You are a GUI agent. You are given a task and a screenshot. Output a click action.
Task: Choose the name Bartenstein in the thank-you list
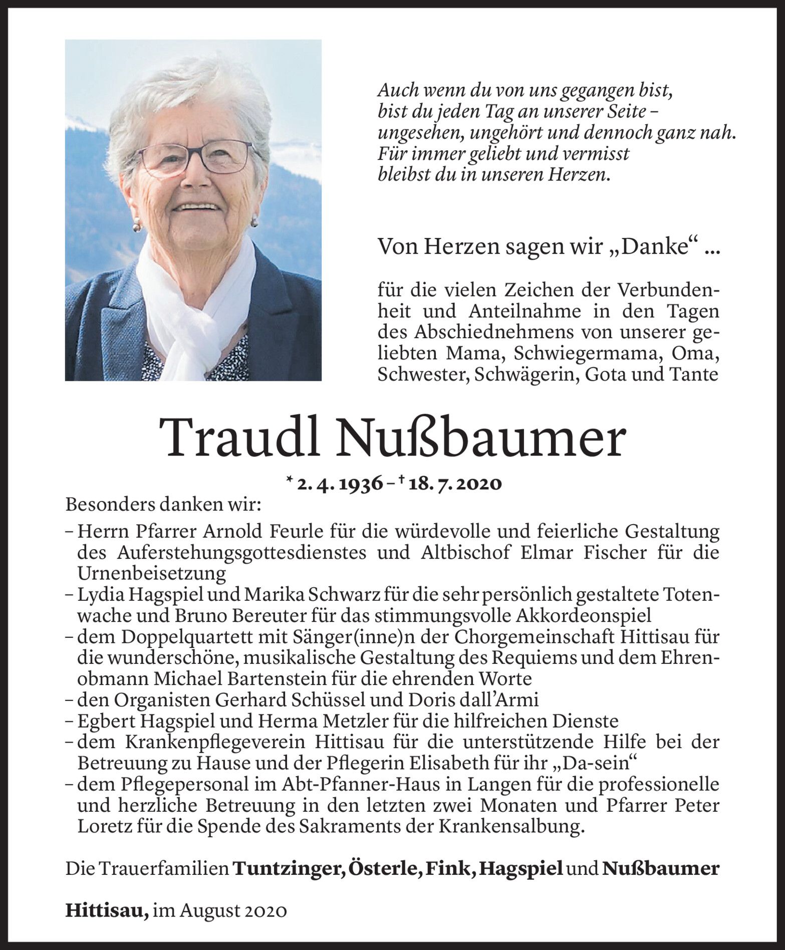click(271, 678)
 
